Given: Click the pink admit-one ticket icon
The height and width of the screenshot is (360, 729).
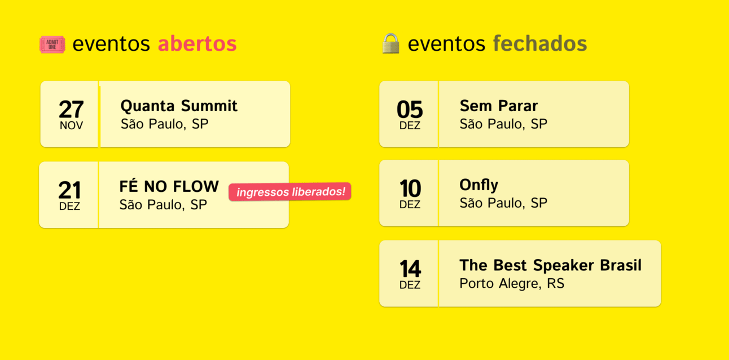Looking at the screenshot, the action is (x=52, y=44).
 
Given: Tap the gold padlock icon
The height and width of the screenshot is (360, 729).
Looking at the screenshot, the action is (x=390, y=43).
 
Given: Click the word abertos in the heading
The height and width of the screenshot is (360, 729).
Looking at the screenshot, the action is (x=197, y=43).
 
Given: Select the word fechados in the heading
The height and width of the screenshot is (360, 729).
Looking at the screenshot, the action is (x=540, y=43).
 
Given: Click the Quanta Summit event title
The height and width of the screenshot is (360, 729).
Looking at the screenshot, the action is (x=179, y=106).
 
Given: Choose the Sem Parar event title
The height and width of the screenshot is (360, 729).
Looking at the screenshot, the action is (x=499, y=106).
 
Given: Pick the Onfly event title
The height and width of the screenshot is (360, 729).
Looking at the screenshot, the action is (x=478, y=185).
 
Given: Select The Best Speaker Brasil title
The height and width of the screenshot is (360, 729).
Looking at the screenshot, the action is (x=550, y=265).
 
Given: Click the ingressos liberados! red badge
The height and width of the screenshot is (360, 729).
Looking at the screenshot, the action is (x=289, y=191).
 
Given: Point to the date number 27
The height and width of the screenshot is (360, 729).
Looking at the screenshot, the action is (x=71, y=109).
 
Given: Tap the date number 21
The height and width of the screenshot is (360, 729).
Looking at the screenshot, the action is (x=69, y=190).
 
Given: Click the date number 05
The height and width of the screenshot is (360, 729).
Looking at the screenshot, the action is (x=410, y=109).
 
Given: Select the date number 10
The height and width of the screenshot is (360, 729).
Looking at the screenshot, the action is (x=410, y=188).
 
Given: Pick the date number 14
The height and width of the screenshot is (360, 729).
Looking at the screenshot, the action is (x=410, y=269).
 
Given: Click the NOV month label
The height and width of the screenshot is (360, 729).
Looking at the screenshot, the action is (x=71, y=126).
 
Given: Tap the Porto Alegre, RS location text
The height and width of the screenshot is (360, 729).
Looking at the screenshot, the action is (x=512, y=283).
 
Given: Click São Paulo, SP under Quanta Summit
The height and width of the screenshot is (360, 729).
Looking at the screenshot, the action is (x=164, y=124).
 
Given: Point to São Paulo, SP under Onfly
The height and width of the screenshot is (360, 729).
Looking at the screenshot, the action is (x=503, y=203).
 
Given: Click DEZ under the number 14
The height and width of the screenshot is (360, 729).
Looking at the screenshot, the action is (x=410, y=285).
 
